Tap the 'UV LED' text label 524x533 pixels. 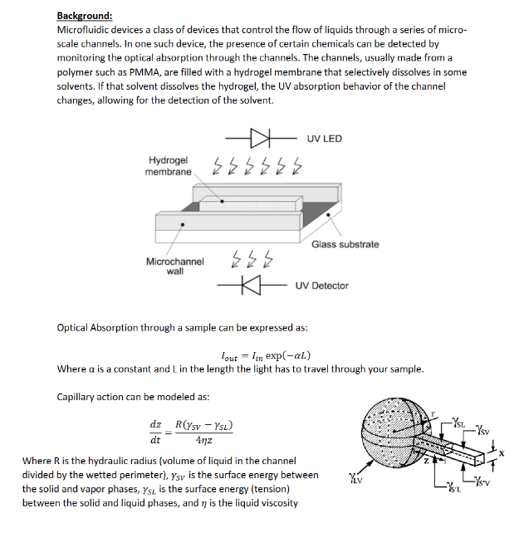tap(324, 138)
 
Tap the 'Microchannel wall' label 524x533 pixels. tap(174, 266)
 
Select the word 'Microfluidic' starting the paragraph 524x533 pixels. tap(84, 30)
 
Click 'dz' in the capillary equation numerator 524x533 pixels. tap(154, 423)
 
